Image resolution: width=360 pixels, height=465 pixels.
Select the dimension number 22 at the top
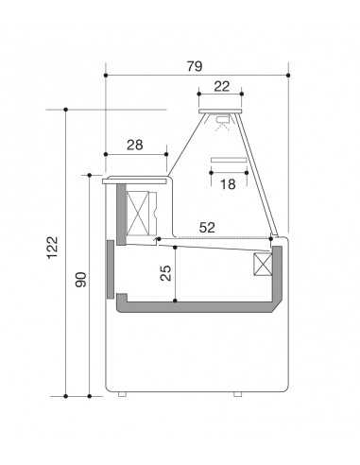pos(221,86)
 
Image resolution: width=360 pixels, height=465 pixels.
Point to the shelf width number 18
pos(227,184)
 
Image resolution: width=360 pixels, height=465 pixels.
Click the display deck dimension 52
pos(207,227)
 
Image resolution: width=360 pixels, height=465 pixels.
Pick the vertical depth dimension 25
pos(165,274)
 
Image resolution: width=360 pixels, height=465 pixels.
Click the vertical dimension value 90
pos(80,281)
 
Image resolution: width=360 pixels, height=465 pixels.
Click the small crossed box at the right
pos(262,266)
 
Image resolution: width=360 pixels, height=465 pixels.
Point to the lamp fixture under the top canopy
pos(222,120)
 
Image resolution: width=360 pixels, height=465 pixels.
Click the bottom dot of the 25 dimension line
pos(176,301)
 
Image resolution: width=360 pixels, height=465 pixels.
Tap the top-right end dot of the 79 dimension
pos(288,75)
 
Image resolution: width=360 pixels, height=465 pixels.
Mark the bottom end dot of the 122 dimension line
pos(66,395)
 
